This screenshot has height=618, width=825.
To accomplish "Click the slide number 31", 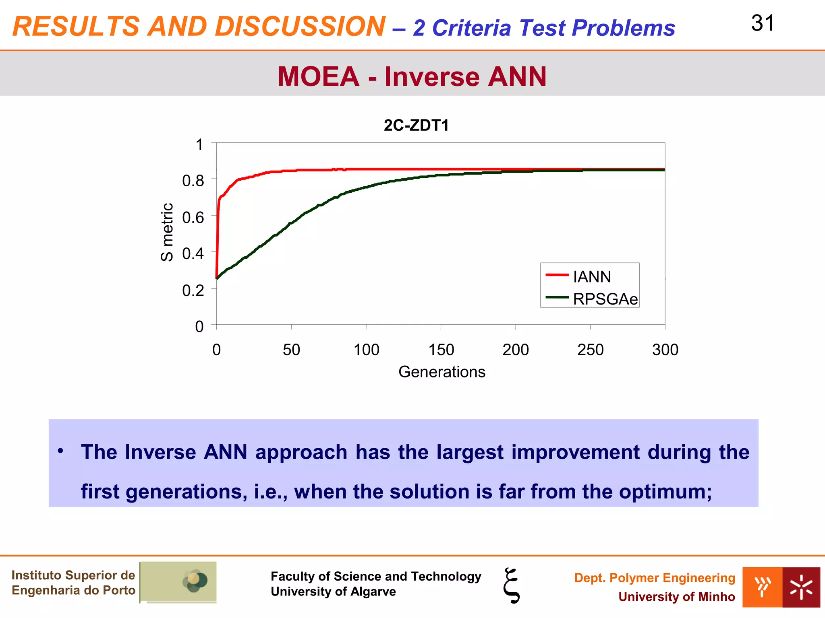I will [763, 23].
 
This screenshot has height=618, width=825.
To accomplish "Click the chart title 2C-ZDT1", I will [416, 126].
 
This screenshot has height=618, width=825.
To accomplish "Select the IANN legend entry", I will [591, 277].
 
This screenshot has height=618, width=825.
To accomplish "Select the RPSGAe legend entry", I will [605, 299].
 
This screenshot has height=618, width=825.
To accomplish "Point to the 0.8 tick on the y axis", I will [193, 181].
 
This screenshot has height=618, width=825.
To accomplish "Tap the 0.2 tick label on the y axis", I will [193, 290].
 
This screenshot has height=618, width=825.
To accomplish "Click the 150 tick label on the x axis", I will [441, 350].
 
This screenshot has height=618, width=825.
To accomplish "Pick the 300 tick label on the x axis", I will [665, 350].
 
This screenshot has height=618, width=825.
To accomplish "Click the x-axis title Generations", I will [442, 372].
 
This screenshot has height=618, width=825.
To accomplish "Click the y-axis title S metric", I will [167, 232].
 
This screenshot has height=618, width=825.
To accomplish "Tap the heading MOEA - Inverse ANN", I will [412, 76].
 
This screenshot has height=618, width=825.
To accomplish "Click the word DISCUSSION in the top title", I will [300, 27].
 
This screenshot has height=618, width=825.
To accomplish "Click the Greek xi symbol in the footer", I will [512, 585].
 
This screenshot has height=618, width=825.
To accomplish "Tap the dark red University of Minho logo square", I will [801, 587].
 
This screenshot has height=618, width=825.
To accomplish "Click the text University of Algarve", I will [333, 591].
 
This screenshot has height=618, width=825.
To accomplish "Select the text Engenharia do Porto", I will [73, 590].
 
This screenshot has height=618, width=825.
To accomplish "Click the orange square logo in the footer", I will [762, 587].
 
